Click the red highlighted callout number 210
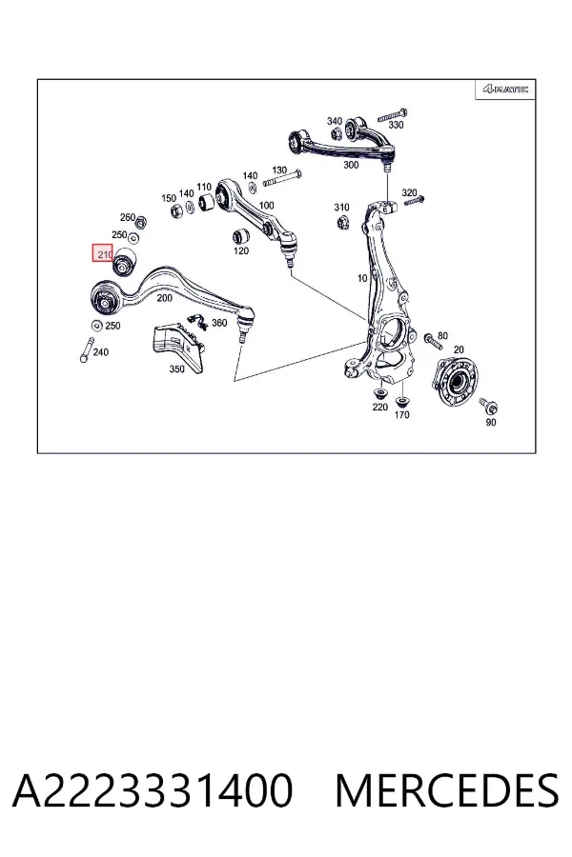point(103,253)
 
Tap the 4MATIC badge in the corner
point(504,90)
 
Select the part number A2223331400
point(153,789)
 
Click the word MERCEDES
point(447,789)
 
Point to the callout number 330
point(396,125)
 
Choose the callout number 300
point(350,165)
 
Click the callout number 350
point(176,369)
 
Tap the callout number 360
point(219,323)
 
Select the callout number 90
point(491,422)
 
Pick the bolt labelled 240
point(86,349)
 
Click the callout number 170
point(401,415)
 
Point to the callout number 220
point(379,408)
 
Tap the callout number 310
point(341,208)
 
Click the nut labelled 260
point(140,223)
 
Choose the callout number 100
point(267,206)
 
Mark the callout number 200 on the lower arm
point(164,298)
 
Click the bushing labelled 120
point(241,235)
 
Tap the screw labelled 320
point(415,202)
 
